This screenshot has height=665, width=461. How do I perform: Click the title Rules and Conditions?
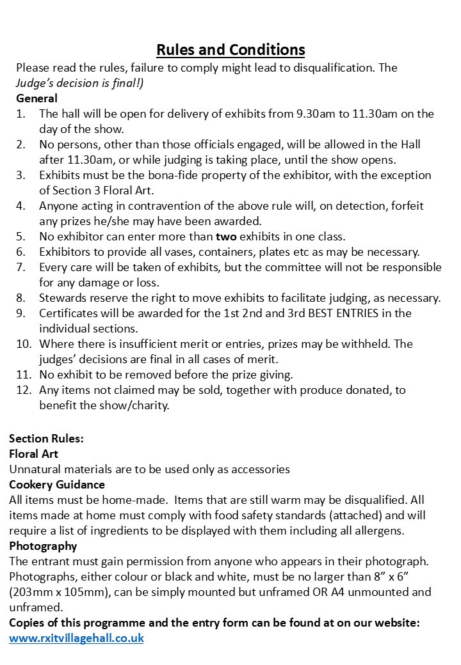tap(230, 49)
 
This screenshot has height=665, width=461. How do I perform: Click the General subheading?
tap(36, 98)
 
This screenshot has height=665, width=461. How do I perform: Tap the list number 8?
tap(20, 297)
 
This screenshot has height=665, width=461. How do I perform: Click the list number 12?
tap(23, 389)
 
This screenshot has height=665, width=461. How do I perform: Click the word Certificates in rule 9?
tap(72, 313)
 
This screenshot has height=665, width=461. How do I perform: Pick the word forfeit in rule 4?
tap(406, 206)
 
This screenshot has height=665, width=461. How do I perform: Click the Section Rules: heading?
tap(46, 439)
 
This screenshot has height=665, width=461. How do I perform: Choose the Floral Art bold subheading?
tap(34, 454)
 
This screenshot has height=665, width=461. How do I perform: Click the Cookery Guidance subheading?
tap(57, 485)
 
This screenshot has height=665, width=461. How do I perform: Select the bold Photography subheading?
tap(43, 546)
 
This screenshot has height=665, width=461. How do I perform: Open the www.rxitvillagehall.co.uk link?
tap(76, 638)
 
